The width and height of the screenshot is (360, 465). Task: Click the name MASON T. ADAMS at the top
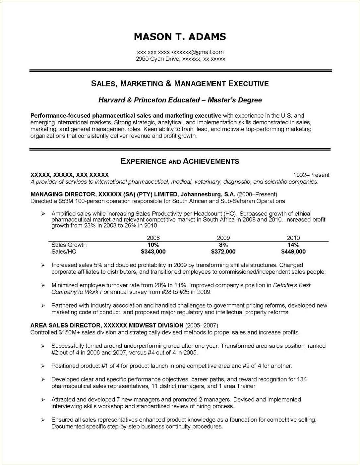click(180, 37)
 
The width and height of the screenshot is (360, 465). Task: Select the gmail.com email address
click(198, 52)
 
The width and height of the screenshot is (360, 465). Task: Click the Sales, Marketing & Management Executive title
click(180, 84)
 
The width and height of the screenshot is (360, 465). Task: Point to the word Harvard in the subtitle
click(112, 100)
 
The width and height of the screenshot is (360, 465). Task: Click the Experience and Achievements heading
click(180, 161)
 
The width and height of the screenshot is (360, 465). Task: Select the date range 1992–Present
click(311, 175)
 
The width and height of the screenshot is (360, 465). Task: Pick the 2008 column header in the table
click(153, 238)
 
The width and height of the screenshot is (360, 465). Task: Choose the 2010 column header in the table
click(293, 238)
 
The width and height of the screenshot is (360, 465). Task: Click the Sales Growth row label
click(69, 245)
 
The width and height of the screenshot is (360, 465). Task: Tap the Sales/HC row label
click(64, 252)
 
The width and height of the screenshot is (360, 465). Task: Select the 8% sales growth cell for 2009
click(223, 245)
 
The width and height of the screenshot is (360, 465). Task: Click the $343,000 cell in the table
click(153, 252)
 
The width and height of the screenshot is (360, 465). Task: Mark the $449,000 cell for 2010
click(293, 252)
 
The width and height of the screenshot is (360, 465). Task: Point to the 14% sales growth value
click(293, 245)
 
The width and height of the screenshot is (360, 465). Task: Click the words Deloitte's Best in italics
click(291, 285)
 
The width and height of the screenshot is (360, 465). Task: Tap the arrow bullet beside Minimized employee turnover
click(43, 285)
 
